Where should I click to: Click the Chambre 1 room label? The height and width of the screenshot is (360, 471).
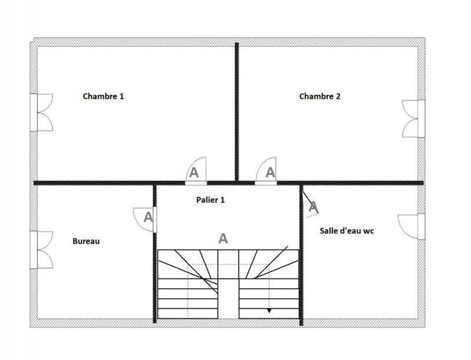pyautogui.click(x=103, y=96)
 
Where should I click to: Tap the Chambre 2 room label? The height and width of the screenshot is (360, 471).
pyautogui.click(x=320, y=96)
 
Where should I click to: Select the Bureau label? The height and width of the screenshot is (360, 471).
pyautogui.click(x=86, y=241)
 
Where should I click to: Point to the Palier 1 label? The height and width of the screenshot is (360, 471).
pyautogui.click(x=210, y=200)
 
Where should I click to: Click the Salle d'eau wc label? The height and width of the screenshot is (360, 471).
pyautogui.click(x=347, y=231)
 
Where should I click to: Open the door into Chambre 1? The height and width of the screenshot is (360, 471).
pyautogui.click(x=196, y=173)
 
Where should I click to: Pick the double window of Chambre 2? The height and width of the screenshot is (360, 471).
pyautogui.click(x=413, y=118)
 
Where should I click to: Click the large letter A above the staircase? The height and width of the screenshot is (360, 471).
pyautogui.click(x=223, y=239)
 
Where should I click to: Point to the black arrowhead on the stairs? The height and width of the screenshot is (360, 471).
pyautogui.click(x=270, y=311)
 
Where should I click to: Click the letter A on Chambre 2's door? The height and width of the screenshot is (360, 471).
pyautogui.click(x=270, y=173)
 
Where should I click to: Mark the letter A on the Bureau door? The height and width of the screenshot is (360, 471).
pyautogui.click(x=148, y=217)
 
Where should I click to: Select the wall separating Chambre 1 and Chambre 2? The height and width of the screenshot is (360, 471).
pyautogui.click(x=237, y=112)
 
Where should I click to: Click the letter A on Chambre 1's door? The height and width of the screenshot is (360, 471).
pyautogui.click(x=193, y=173)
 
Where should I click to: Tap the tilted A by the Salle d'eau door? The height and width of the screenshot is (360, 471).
pyautogui.click(x=313, y=207)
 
